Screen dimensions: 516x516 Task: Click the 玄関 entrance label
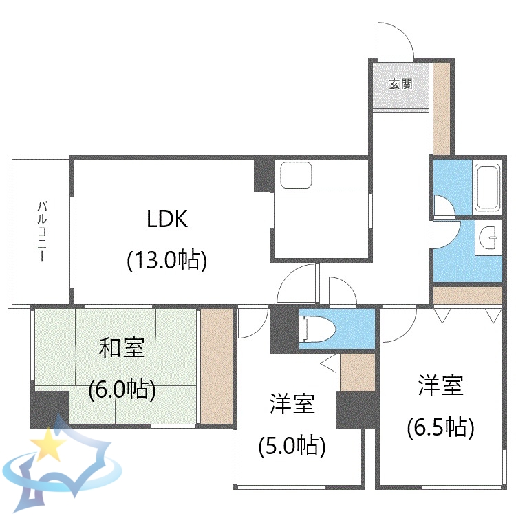tap(400, 84)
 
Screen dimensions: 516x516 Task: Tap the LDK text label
tap(167, 219)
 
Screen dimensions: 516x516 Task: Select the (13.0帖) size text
tap(167, 260)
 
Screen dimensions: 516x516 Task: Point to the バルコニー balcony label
tap(41, 232)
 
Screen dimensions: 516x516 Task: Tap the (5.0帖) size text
tap(292, 447)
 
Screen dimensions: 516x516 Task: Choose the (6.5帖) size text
tap(441, 427)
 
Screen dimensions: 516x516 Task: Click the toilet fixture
tap(319, 329)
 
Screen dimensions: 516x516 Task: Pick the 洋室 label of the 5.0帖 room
tap(292, 405)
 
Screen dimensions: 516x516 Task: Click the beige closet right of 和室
tap(217, 366)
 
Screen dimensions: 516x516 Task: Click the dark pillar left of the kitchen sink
tap(264, 175)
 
